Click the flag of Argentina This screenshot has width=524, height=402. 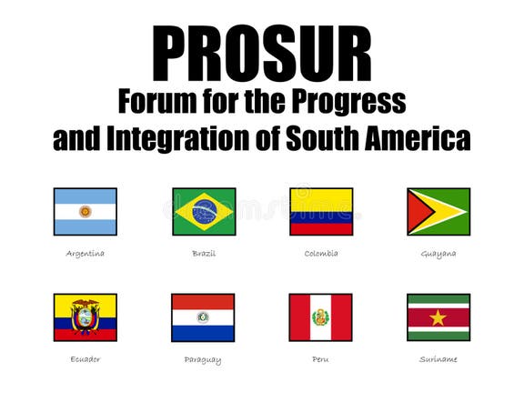point(86,212)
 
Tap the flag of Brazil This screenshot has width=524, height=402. point(204,212)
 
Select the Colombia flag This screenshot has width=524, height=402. point(321,212)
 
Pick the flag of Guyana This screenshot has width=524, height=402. point(438,212)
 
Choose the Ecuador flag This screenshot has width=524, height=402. point(86,317)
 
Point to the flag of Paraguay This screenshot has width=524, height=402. point(203,317)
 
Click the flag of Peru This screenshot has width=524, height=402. point(320,317)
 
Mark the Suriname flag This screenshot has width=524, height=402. point(438,317)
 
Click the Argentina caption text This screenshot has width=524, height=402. point(86,253)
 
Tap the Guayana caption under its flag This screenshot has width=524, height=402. point(438,253)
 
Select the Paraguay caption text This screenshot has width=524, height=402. point(203,359)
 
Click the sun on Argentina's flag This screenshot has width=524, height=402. point(86,212)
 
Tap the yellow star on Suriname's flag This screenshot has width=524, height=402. point(438,317)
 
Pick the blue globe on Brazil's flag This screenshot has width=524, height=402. point(204,212)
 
